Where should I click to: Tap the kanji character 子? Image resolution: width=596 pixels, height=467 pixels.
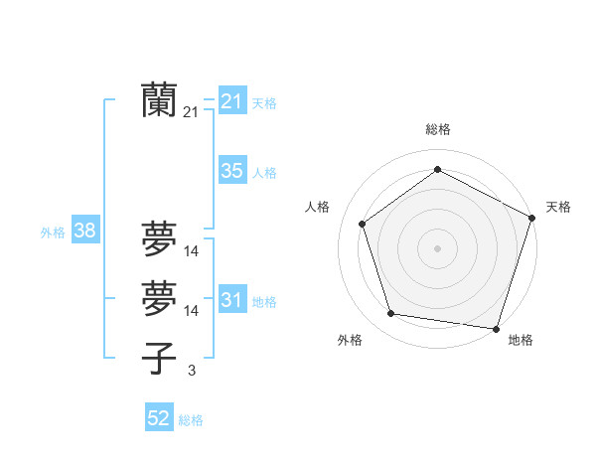[x=160, y=358]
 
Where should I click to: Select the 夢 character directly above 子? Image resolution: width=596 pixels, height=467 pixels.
[x=160, y=296]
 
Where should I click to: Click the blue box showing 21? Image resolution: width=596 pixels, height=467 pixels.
[x=232, y=101]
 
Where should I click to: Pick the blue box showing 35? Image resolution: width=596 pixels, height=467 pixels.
[x=232, y=171]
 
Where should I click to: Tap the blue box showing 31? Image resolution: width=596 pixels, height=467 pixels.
[x=232, y=300]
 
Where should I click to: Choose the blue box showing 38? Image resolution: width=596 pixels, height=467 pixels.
[x=85, y=232]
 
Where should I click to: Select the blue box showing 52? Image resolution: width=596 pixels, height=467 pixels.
[x=159, y=418]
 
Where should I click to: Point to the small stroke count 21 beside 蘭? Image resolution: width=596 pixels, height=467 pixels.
[x=191, y=113]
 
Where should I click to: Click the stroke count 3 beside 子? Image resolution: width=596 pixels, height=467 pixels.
[x=191, y=371]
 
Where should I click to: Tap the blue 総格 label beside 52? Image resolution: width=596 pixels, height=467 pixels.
[x=191, y=420]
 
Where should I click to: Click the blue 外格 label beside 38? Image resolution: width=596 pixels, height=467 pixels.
[x=53, y=233]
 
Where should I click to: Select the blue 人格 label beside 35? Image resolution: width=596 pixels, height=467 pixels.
[x=264, y=173]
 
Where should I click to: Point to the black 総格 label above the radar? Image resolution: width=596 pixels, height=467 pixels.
[x=438, y=129]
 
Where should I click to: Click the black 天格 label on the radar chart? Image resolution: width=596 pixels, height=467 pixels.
[x=559, y=207]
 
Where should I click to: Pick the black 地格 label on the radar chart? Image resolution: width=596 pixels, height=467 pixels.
[x=521, y=340]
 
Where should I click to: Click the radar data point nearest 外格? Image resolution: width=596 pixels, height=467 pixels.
[x=391, y=314]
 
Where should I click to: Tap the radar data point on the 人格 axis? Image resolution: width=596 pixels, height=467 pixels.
[x=363, y=224]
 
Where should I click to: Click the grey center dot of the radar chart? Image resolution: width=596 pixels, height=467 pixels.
[x=437, y=247]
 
